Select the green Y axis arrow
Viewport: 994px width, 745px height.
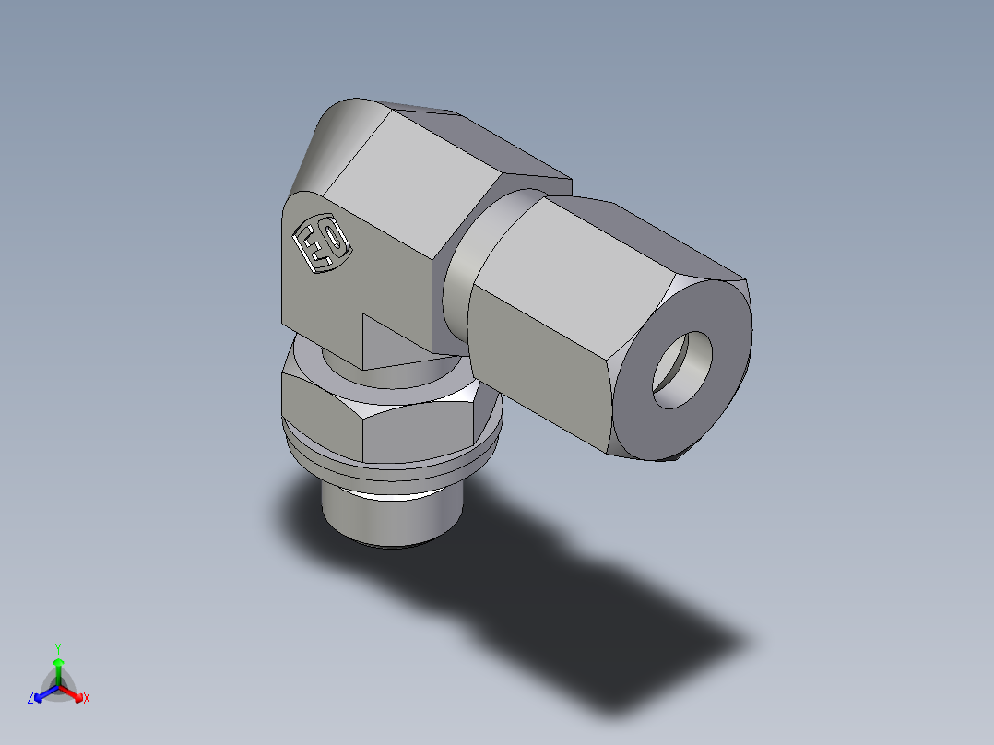pyautogui.click(x=58, y=668)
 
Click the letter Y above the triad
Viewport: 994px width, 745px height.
pyautogui.click(x=58, y=647)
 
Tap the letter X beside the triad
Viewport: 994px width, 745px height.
pyautogui.click(x=87, y=699)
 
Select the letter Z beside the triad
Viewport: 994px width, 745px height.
pyautogui.click(x=30, y=699)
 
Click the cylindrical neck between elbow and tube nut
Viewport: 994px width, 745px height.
pyautogui.click(x=461, y=277)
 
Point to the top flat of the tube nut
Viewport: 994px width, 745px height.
pyautogui.click(x=645, y=235)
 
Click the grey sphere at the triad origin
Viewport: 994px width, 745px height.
pyautogui.click(x=58, y=687)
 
